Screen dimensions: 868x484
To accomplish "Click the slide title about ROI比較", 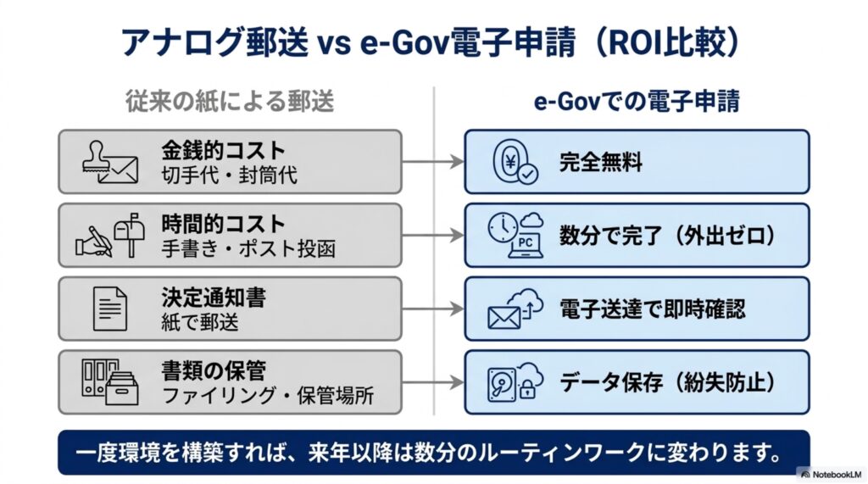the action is click(431, 42).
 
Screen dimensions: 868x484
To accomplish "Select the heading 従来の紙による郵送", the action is click(230, 102).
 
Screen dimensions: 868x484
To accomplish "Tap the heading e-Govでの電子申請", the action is click(637, 102).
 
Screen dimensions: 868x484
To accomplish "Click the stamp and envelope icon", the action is click(110, 162).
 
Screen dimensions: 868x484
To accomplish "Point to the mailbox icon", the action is click(130, 234).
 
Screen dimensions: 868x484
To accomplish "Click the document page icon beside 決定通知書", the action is click(109, 309).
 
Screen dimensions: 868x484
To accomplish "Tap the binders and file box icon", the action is click(109, 382).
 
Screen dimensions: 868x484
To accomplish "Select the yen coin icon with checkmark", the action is click(515, 161).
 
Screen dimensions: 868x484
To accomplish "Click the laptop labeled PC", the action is click(525, 245).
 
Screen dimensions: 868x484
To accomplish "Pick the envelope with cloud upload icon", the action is click(515, 309).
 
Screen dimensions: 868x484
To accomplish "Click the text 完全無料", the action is click(601, 162).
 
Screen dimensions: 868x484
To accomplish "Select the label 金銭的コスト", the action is click(223, 150).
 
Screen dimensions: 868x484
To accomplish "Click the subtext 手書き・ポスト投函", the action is click(248, 248).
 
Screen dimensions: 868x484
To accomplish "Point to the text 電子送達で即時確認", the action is click(653, 309).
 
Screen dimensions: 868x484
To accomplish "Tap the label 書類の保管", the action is click(214, 371).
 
